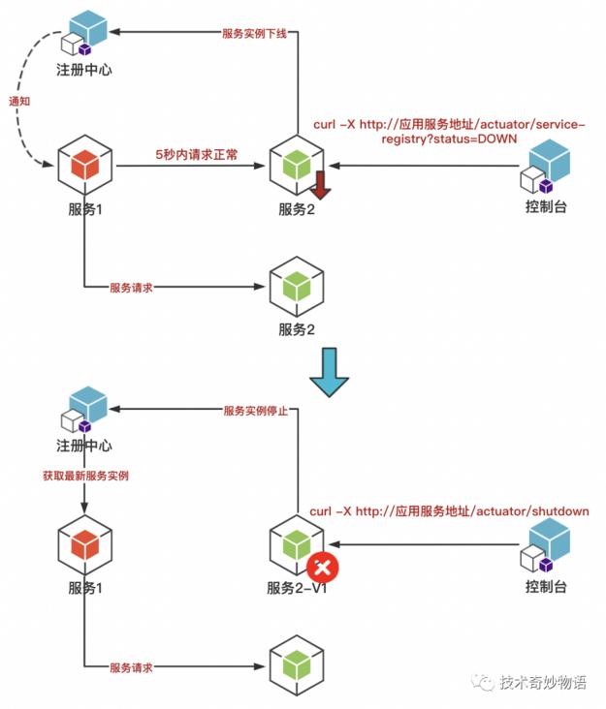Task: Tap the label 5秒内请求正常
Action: tap(196, 154)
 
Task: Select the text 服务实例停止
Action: tap(256, 411)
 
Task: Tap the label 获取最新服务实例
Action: tap(85, 476)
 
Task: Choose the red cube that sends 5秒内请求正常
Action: tap(84, 166)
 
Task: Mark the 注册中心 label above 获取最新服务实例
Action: tap(84, 447)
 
